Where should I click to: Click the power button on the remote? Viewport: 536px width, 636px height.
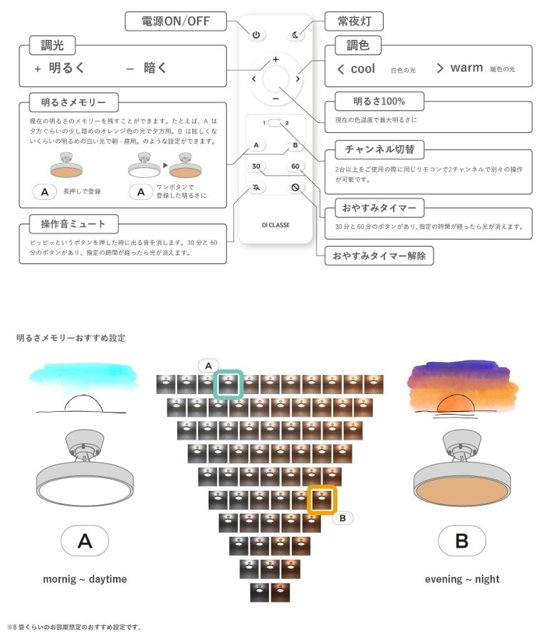tap(256, 35)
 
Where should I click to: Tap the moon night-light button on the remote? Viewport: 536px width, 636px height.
tap(295, 35)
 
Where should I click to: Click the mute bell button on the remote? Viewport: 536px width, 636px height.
tap(256, 187)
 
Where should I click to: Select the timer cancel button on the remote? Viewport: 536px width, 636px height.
tap(295, 187)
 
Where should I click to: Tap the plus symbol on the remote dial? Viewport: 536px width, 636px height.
tap(275, 59)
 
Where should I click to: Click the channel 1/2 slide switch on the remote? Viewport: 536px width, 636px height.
tap(275, 122)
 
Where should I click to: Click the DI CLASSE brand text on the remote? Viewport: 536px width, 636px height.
tap(276, 225)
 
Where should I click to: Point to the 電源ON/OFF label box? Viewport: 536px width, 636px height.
tap(176, 21)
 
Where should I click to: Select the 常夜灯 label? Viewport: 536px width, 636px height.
tap(354, 21)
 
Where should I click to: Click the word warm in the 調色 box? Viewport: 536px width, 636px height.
tap(467, 68)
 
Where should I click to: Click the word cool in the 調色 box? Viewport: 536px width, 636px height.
tap(363, 68)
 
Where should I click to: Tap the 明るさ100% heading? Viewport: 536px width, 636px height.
tap(379, 101)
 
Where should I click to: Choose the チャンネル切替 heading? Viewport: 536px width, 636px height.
tap(379, 149)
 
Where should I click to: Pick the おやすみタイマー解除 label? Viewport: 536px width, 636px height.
tap(379, 256)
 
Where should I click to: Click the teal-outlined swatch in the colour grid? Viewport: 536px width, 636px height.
tap(228, 385)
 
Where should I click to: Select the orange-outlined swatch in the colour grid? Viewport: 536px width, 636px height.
tap(322, 500)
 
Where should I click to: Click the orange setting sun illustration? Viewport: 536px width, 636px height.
tap(456, 404)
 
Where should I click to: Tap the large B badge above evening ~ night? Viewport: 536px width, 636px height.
tap(462, 541)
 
